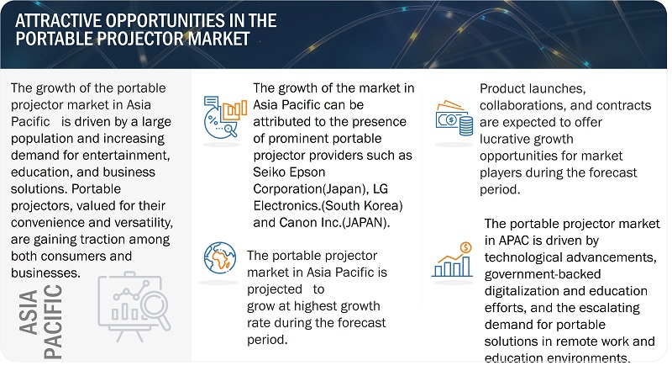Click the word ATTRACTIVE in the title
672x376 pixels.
coord(58,20)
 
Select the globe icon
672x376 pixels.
coord(220,257)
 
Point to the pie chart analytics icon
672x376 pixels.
coord(225,117)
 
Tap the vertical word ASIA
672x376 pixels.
coord(29,312)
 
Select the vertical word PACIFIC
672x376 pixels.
coord(53,322)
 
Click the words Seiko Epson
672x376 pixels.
coord(289,172)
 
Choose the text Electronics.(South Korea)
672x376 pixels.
coord(328,205)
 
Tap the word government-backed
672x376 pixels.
coord(543,274)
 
